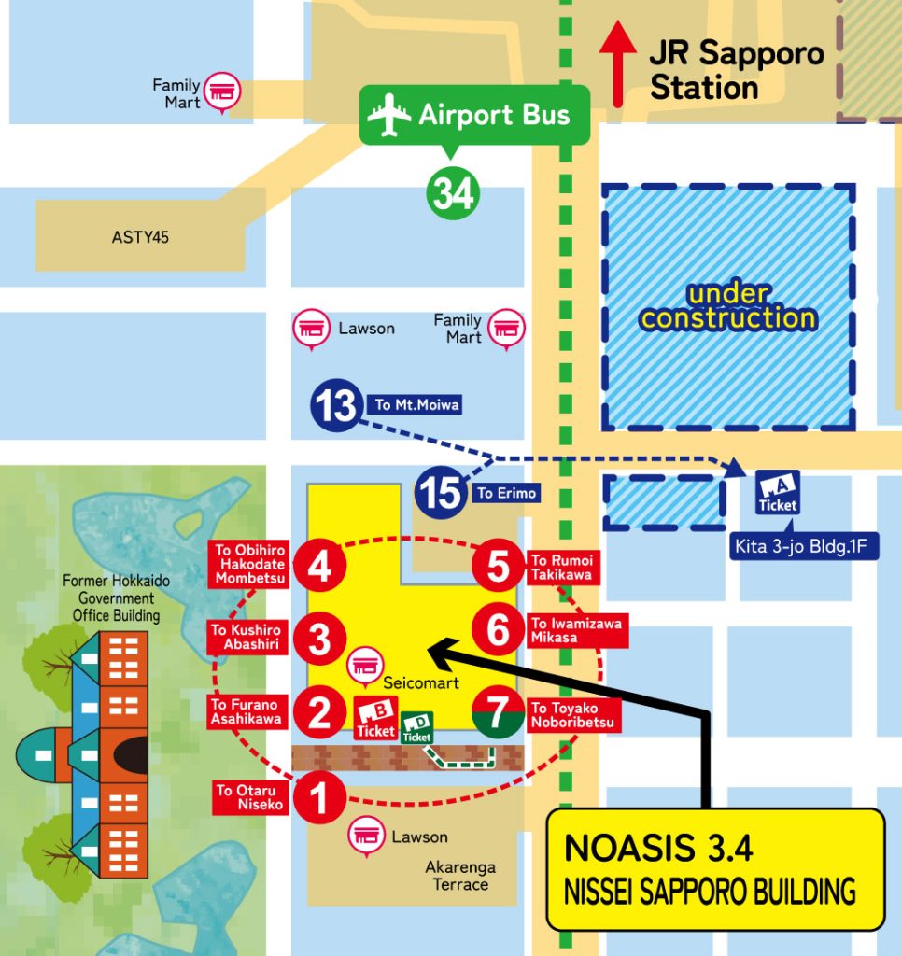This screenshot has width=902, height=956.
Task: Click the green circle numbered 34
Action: (453, 193)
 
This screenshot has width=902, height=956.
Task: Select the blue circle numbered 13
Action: (336, 405)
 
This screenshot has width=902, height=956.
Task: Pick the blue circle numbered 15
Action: (440, 492)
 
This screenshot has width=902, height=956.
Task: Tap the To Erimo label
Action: (507, 493)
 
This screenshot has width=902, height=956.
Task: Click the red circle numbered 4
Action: (319, 567)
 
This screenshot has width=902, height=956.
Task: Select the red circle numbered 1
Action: (319, 799)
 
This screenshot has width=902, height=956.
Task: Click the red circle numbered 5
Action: (499, 567)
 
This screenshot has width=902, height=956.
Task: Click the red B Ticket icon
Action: (376, 720)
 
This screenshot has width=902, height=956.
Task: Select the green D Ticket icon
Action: (416, 727)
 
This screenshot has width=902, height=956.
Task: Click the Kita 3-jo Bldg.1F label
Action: (804, 544)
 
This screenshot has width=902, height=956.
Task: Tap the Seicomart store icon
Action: (365, 666)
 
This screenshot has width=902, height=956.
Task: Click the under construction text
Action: (729, 306)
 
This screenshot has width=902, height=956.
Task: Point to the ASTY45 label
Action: (140, 237)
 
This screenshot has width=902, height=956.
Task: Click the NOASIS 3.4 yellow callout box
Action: (714, 868)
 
